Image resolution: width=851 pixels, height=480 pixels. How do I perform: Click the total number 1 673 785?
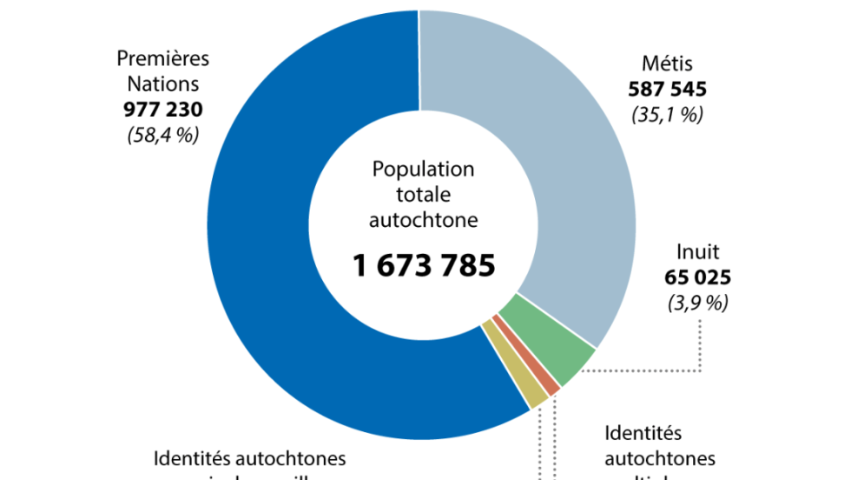point(424,264)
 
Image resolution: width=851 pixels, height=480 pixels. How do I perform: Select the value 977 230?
point(163,110)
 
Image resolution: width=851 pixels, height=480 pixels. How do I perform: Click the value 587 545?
point(667,89)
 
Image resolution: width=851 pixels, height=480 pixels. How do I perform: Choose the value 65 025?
point(697,278)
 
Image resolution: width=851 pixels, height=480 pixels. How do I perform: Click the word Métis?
point(667,63)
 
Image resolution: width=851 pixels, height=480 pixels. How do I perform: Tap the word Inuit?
point(697,253)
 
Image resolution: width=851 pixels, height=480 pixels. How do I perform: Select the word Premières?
point(163,59)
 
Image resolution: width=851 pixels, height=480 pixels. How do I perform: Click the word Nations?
point(163,84)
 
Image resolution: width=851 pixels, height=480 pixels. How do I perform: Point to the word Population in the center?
point(423,169)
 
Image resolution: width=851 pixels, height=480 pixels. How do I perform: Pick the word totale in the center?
point(423,194)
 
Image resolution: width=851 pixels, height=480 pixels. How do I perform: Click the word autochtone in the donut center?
point(423,219)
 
